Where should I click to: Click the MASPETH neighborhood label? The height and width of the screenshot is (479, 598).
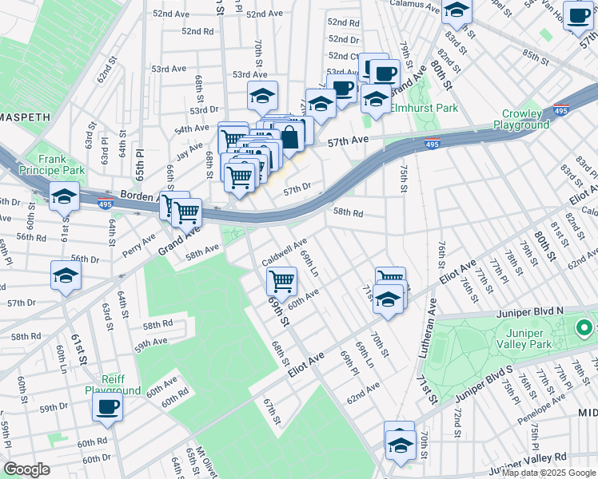coord(24,117)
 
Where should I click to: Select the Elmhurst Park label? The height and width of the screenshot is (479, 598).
coord(424,108)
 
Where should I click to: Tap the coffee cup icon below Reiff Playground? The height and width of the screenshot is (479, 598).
coord(107,408)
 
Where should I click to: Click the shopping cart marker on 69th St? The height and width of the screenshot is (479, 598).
coord(282,282)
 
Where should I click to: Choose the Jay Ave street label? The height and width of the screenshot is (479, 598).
coord(189,150)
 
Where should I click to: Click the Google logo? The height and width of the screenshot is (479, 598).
coord(26,469)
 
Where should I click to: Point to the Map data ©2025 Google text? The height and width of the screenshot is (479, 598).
coord(548,473)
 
